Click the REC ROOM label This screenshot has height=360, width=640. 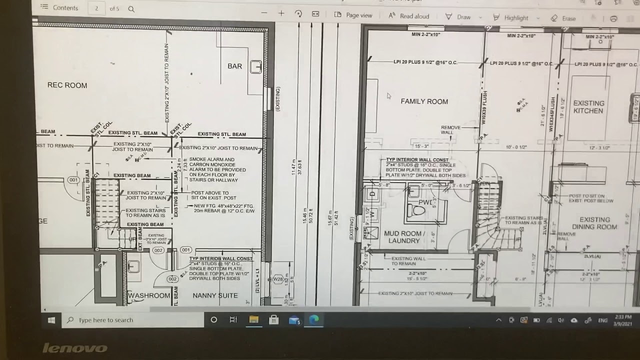click(x=67, y=85)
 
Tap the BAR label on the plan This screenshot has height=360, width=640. click(x=234, y=66)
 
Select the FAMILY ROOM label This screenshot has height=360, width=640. click(x=424, y=101)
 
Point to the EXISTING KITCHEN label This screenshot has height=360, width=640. click(x=588, y=107)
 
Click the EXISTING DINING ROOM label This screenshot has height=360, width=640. click(x=594, y=223)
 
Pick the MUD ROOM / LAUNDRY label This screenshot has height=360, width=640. click(x=404, y=237)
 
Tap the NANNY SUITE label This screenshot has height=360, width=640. click(x=215, y=295)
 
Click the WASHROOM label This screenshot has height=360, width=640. click(x=149, y=295)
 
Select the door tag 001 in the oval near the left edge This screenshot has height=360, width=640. click(x=73, y=180)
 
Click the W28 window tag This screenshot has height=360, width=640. click(x=278, y=279)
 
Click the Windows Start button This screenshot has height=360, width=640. click(x=51, y=320)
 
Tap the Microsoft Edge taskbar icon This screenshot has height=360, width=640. click(x=314, y=320)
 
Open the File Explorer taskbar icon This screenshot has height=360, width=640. click(x=254, y=320)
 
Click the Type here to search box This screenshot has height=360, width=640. click(x=132, y=320)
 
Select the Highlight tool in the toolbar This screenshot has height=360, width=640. click(x=511, y=18)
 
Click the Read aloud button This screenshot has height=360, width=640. click(x=409, y=16)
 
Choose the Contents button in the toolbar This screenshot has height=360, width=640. click(x=59, y=8)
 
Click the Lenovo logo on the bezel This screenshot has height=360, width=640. click(x=74, y=348)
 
